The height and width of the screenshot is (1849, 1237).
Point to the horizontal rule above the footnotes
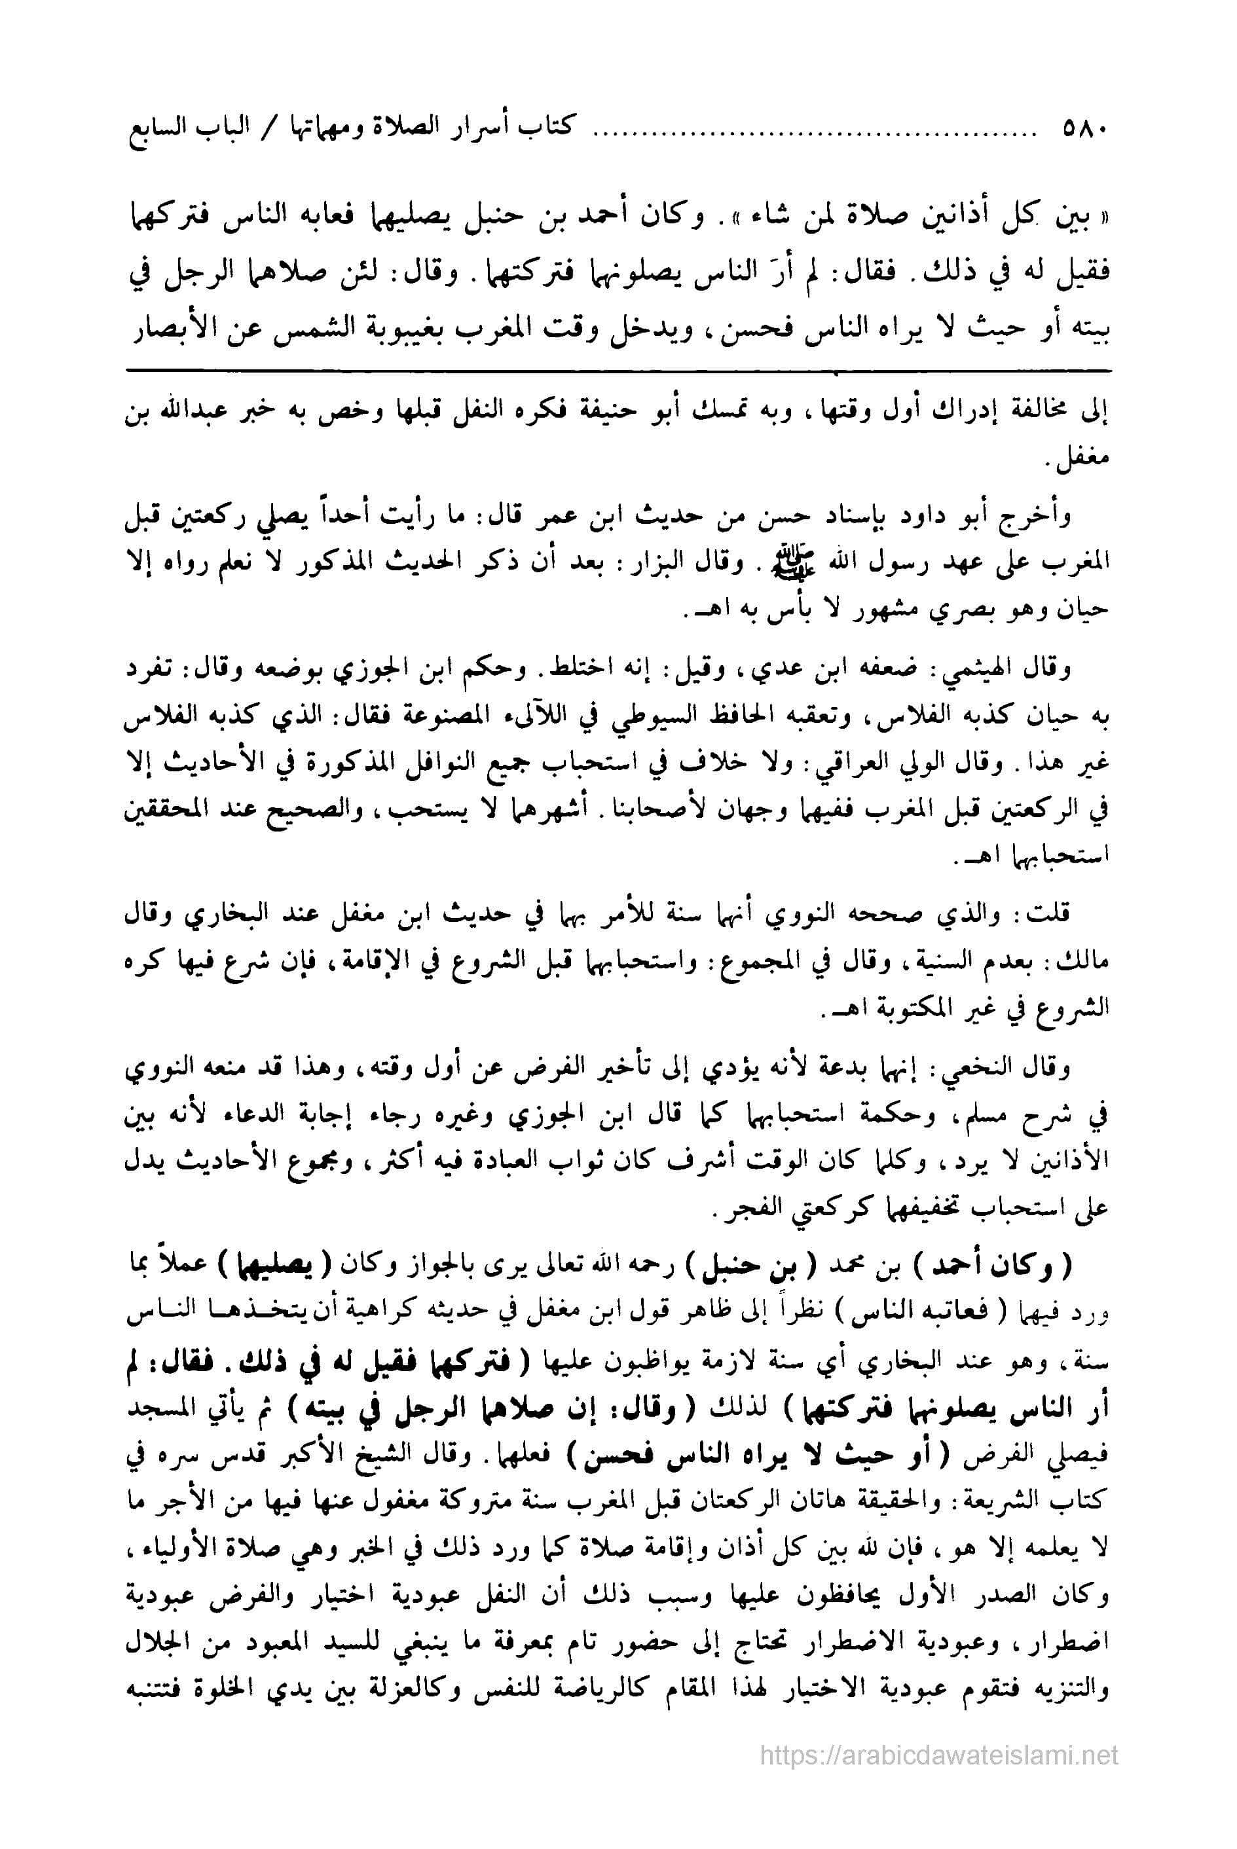tap(618, 369)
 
